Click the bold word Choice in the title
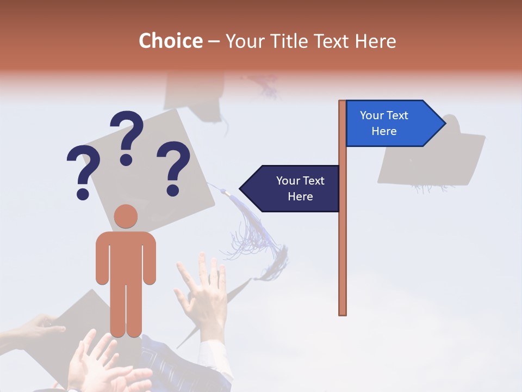click(x=170, y=41)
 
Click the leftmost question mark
click(x=83, y=169)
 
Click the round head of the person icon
click(x=126, y=216)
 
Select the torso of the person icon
click(x=126, y=256)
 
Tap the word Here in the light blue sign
click(x=384, y=131)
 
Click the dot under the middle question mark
click(x=127, y=159)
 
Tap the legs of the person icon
click(x=126, y=310)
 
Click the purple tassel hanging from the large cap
click(x=250, y=229)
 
